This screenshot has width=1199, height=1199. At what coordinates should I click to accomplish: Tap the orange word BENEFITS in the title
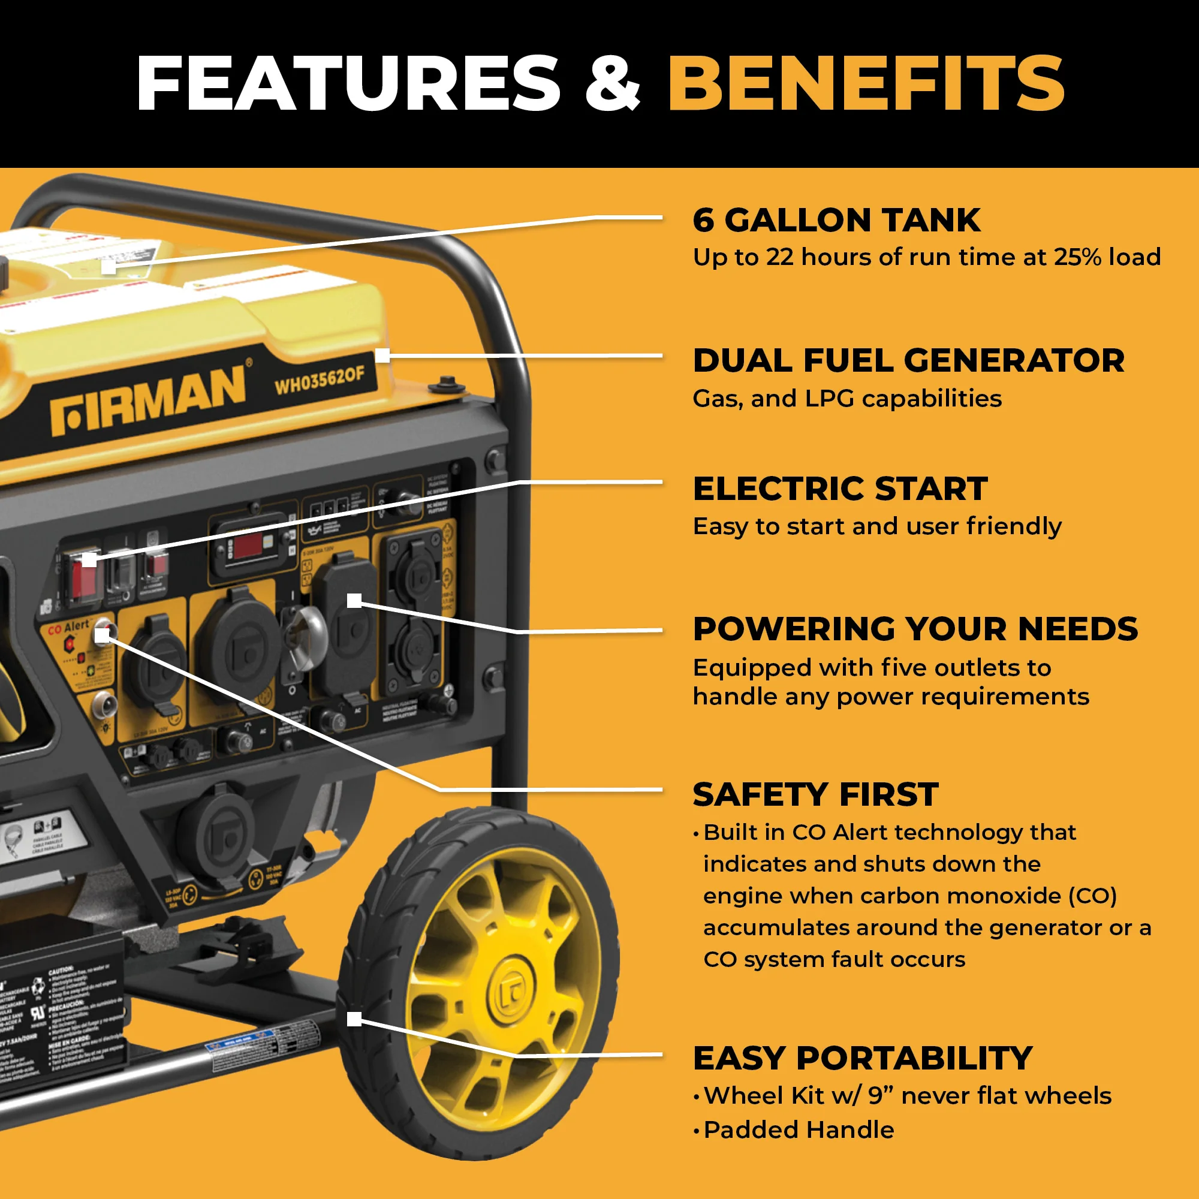(x=865, y=83)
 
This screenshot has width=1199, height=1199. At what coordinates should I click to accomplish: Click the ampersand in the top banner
(x=613, y=85)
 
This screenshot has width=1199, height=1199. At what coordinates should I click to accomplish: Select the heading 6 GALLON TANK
(x=836, y=220)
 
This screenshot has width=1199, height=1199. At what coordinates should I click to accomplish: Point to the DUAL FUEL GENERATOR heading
(x=908, y=360)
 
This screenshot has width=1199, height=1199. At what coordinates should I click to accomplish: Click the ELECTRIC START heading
(x=840, y=489)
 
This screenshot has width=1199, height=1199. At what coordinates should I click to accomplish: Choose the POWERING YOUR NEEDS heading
(x=915, y=629)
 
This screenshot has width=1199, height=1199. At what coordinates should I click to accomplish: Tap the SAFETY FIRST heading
(x=815, y=794)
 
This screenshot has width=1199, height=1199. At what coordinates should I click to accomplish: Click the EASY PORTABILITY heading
(x=862, y=1058)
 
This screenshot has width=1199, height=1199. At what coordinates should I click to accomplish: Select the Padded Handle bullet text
(x=799, y=1129)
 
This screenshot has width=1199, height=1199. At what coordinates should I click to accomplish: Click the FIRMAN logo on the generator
(x=149, y=400)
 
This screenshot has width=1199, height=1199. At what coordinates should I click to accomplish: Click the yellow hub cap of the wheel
(x=511, y=995)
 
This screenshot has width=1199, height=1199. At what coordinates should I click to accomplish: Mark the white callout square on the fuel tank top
(x=109, y=267)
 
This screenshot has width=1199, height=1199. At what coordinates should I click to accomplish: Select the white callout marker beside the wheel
(x=354, y=1019)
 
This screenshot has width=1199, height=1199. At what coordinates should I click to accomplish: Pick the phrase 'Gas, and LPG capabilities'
(x=846, y=399)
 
